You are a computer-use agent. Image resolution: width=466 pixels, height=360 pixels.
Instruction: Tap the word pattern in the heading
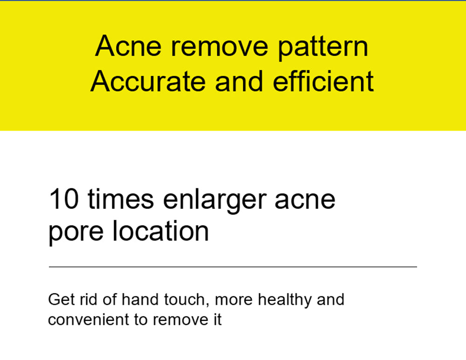tap(323, 48)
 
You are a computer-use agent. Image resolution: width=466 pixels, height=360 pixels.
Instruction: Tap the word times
tap(121, 199)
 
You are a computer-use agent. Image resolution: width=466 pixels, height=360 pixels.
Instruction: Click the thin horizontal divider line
tap(233, 267)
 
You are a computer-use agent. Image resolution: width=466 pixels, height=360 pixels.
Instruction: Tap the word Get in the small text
tap(58, 299)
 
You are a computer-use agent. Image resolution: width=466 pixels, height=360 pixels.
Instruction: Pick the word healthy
tap(285, 300)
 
